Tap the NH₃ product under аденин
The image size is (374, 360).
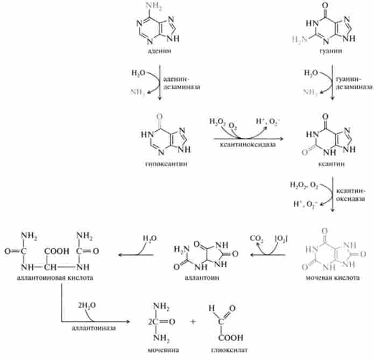139,91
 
